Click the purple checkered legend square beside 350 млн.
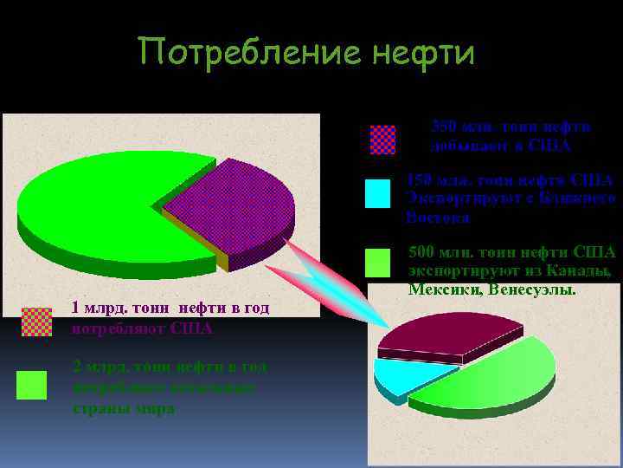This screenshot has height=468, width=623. click(x=382, y=140)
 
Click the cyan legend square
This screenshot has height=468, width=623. click(x=377, y=193)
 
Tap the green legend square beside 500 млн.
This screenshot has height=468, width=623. click(x=378, y=262)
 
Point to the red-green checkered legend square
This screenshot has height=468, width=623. click(x=35, y=321)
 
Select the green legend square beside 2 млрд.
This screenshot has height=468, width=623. click(x=32, y=385)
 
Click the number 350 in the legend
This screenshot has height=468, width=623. click(x=445, y=127)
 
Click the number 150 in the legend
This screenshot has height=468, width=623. click(x=421, y=180)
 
